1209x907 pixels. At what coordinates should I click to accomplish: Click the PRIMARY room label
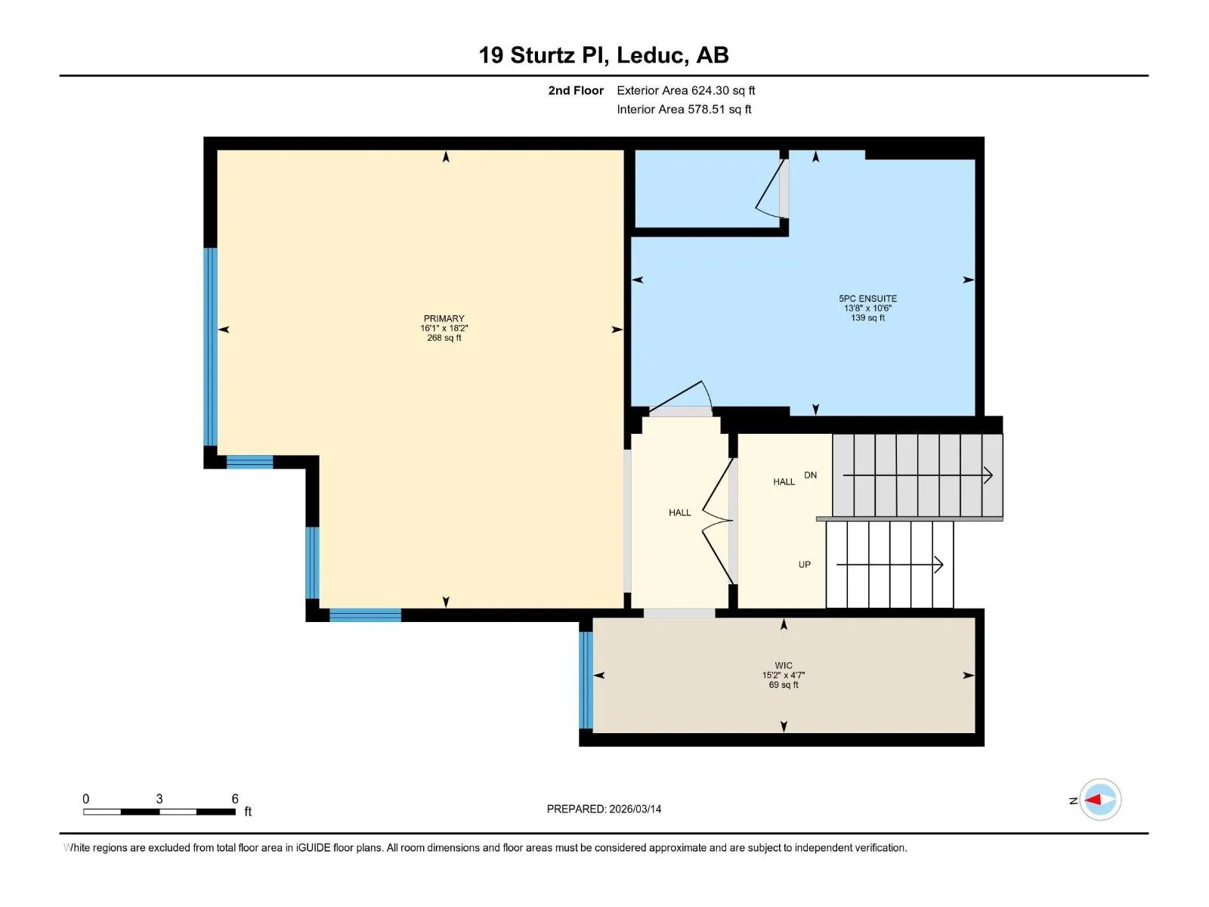tap(444, 318)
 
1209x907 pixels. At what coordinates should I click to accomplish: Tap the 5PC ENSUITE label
tap(867, 299)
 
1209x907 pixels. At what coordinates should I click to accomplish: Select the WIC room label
tap(784, 665)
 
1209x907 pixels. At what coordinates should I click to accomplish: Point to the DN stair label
tap(810, 475)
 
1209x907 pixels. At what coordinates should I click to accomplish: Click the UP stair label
tap(804, 565)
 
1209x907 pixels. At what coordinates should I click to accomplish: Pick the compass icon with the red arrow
tap(1100, 800)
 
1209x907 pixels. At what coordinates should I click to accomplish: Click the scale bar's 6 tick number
tap(235, 798)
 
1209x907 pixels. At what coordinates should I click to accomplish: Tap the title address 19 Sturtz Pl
tap(543, 55)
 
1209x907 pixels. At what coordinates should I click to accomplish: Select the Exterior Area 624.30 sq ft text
tap(686, 90)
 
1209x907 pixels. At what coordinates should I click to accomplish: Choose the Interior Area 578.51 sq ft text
tap(684, 109)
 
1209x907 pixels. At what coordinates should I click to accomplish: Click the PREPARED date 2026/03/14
tap(635, 809)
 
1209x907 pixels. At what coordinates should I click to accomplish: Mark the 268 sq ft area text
tap(444, 338)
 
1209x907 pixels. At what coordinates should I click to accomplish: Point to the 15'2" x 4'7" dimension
tap(784, 675)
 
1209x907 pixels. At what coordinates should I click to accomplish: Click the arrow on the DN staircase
tap(917, 475)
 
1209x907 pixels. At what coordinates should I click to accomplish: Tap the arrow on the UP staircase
tap(889, 565)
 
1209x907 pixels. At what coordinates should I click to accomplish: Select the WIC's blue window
tap(586, 680)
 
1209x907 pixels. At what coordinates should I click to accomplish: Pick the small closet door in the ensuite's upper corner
tap(771, 188)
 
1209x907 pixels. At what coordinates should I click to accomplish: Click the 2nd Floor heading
tap(576, 90)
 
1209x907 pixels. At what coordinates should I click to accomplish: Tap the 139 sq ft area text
tap(867, 317)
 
